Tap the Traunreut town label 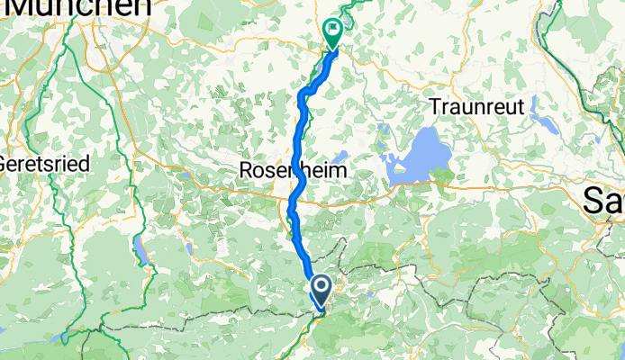tap(476, 105)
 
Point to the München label tap(77, 7)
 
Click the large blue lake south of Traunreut tap(416, 162)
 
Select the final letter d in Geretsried tap(68, 165)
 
